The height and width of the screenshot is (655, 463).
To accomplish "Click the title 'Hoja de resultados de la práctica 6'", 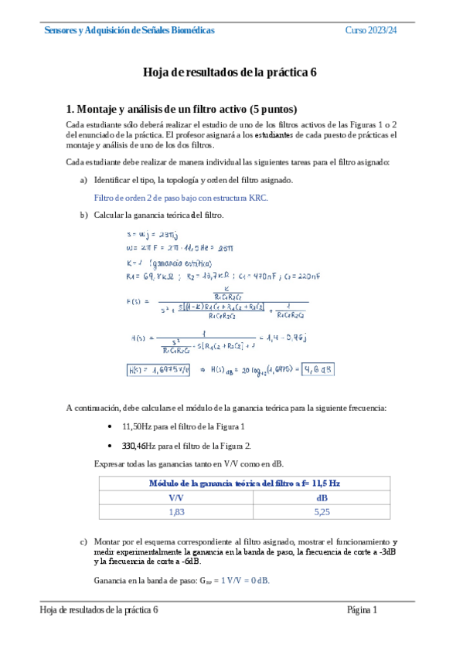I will click(230, 73).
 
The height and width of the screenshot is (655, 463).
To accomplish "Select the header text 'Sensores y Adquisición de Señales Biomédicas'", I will click(130, 30).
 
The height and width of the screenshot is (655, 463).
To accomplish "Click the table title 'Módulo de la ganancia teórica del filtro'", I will click(243, 484).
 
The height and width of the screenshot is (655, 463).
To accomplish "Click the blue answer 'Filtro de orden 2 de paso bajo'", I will click(181, 198).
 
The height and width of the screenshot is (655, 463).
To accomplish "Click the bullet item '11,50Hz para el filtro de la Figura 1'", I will click(184, 427).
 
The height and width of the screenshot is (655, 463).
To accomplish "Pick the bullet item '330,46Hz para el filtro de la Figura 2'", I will click(186, 446).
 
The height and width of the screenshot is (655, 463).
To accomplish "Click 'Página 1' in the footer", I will click(362, 610).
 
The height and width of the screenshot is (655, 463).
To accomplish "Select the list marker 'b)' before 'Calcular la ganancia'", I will click(83, 215).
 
